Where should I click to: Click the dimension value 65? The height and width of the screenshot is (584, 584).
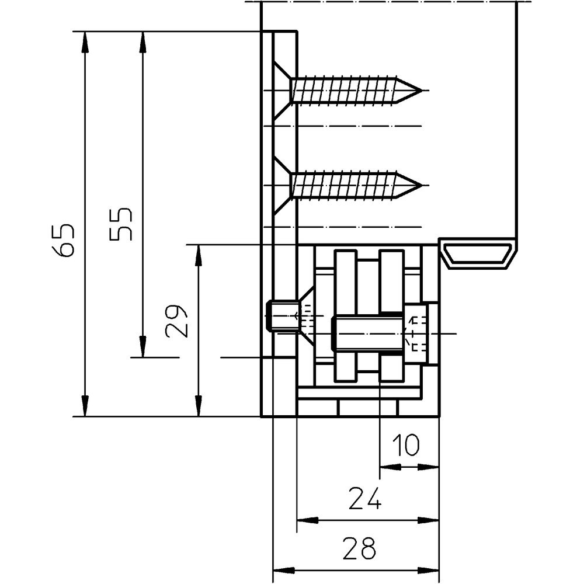[64, 238]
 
